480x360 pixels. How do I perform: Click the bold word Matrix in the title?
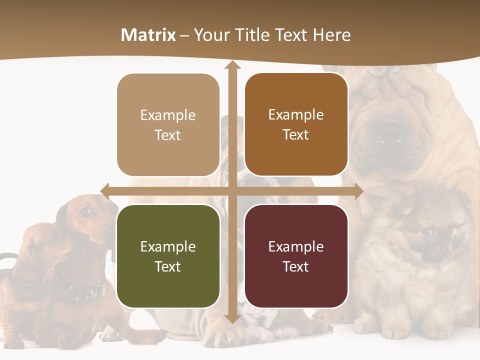point(148,35)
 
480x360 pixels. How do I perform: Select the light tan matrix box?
point(168,125)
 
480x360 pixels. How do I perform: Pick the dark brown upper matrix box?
point(296,124)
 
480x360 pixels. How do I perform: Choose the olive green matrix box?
point(168,256)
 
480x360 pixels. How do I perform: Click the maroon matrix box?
point(296,256)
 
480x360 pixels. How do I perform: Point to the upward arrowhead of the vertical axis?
point(232,65)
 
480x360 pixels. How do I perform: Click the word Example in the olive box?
point(168,246)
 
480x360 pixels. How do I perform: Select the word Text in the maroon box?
point(296,266)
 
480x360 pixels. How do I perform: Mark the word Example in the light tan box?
point(168,115)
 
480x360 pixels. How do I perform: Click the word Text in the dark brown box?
point(296,135)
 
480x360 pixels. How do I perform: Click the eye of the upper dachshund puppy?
point(86,212)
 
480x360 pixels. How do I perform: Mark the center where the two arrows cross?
point(232,191)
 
